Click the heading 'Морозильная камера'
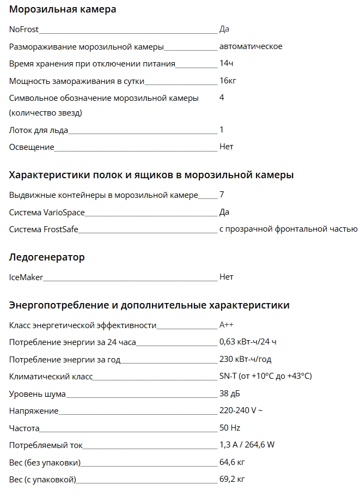pos(63,9)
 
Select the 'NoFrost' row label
pos(24,29)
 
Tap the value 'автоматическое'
pos(251,46)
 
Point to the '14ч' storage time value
pos(227,63)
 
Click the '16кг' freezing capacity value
pos(228,81)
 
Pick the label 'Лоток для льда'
pos(38,130)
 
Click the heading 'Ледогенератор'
pos(47,257)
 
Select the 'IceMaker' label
pos(26,277)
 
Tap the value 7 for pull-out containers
pos(222,195)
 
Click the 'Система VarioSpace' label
pos(47,213)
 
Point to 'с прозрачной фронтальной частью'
pos(288,229)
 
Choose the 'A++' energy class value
pos(227,325)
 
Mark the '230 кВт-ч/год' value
pos(245,359)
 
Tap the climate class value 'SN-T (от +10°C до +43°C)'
pos(265,376)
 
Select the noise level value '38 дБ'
pos(229,394)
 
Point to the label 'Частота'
pos(25,428)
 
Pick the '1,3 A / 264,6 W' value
pos(247,445)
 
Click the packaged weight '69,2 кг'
pos(231,479)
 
